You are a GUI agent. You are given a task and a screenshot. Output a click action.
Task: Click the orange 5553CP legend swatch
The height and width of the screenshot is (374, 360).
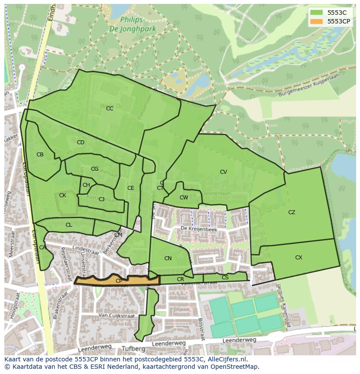[x=316, y=21]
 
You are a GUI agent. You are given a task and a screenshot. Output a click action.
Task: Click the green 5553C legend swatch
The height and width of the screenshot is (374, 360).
[x=316, y=13]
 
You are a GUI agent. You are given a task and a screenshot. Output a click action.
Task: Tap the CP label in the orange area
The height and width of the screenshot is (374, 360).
[x=119, y=281]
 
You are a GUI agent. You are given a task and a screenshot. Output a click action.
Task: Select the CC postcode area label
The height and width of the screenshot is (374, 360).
[x=110, y=109]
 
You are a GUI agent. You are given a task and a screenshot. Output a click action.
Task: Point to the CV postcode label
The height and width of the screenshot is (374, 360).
[x=223, y=172]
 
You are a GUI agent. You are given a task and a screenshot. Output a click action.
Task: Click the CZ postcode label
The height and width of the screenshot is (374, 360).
[x=292, y=212]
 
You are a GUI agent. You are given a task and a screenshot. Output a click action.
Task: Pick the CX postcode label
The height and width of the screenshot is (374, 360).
[x=299, y=258]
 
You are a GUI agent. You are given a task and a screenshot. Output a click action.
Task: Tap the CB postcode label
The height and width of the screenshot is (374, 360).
[x=40, y=155]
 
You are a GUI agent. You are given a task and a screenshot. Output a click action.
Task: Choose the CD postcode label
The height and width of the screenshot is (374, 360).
[x=80, y=142]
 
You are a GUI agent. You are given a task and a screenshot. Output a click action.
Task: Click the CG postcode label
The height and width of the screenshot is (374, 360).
[x=94, y=169]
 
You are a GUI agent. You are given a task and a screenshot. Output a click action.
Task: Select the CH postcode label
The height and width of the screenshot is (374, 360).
[x=86, y=185]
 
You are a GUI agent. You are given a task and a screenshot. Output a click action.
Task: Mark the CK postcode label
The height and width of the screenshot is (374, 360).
[x=63, y=195]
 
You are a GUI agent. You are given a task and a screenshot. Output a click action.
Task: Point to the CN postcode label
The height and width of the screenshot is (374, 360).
[x=168, y=258]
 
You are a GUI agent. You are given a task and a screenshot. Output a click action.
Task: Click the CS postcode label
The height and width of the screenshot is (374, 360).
[x=225, y=278]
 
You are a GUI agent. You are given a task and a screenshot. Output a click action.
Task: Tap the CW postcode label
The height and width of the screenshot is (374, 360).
[x=184, y=198]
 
